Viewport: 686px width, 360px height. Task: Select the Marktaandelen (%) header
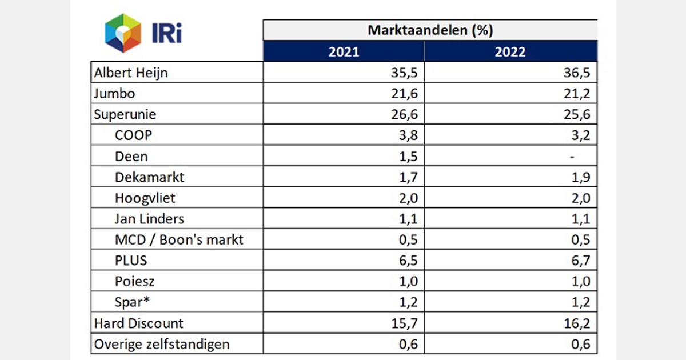[x=430, y=30]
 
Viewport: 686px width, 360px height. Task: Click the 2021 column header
[x=344, y=51]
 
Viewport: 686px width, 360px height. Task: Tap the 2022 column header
[x=510, y=51]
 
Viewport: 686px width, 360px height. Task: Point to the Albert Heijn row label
[x=131, y=73]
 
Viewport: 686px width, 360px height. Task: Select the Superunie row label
[x=125, y=114]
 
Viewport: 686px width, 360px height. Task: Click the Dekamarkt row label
[x=150, y=177]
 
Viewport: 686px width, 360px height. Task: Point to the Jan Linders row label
[x=149, y=218]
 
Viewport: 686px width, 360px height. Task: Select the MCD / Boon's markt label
[x=179, y=239]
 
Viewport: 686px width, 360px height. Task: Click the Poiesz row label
[x=134, y=281]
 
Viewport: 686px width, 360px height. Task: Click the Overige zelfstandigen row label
[x=162, y=343]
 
